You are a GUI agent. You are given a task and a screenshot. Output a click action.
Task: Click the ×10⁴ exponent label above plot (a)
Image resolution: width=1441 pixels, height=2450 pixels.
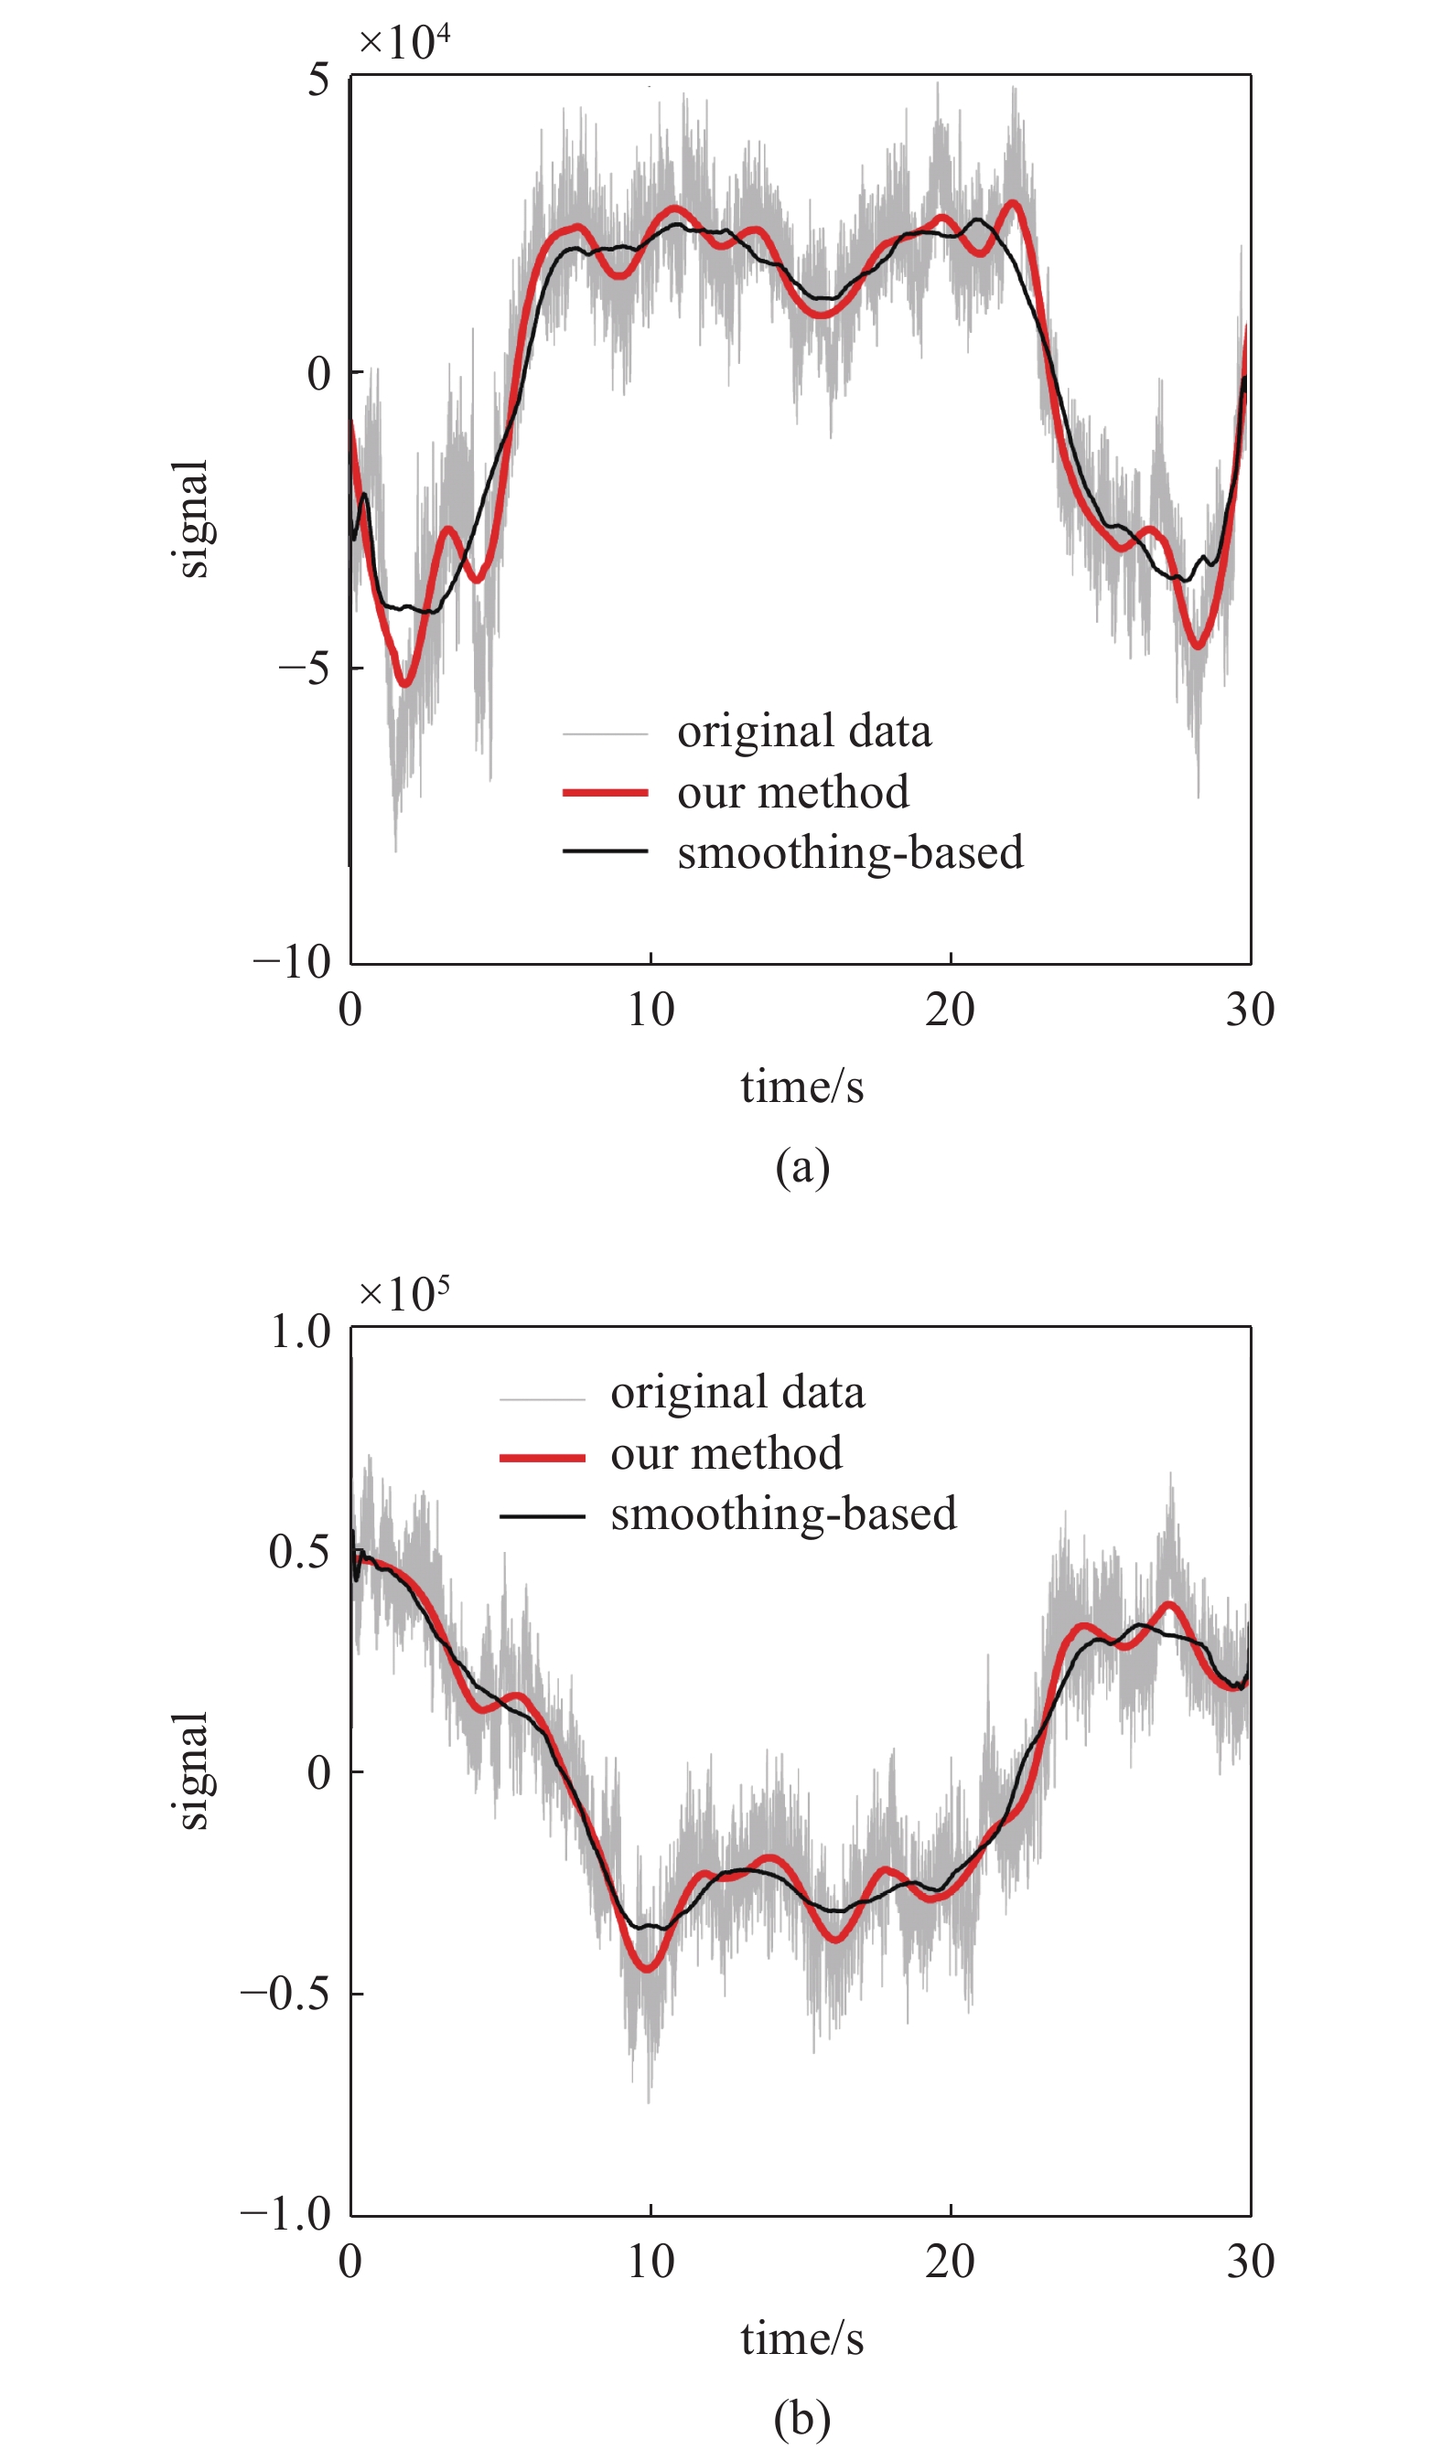pos(403,42)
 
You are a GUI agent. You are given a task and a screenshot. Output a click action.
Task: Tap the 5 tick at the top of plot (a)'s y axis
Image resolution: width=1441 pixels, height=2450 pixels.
pos(319,80)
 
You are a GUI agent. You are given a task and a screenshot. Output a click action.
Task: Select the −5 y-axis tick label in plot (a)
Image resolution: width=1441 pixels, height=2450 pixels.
pos(305,668)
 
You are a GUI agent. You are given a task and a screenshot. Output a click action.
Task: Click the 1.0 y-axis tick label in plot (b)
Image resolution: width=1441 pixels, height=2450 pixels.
pos(300,1331)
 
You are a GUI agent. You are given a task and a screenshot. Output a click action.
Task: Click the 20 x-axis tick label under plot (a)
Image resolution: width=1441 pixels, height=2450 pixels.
pos(949,1011)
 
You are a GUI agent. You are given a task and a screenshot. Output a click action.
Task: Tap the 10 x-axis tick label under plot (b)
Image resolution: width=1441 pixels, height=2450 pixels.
pos(650,2263)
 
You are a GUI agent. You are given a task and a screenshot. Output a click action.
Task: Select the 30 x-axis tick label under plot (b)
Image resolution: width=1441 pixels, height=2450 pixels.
pos(1250,2263)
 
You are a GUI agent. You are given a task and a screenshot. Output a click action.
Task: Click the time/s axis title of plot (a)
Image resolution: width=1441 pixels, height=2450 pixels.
pos(801,1086)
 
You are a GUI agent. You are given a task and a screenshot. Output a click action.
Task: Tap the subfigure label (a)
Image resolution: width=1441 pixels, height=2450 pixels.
pos(802,1166)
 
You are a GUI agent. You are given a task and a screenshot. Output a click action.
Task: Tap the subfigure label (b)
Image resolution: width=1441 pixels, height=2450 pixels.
pos(802,2418)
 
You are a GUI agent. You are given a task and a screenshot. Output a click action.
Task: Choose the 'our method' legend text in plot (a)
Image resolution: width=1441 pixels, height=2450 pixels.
pos(792,791)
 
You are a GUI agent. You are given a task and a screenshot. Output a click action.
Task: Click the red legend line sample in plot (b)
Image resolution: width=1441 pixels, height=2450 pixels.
pos(542,1458)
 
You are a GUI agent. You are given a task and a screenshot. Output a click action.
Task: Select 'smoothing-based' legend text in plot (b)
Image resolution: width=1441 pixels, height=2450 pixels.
pos(783,1514)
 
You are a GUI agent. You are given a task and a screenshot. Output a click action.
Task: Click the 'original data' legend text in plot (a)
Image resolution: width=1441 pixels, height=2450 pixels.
pos(804,731)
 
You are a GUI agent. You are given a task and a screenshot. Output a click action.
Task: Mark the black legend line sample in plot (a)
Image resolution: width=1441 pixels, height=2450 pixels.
pos(605,851)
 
